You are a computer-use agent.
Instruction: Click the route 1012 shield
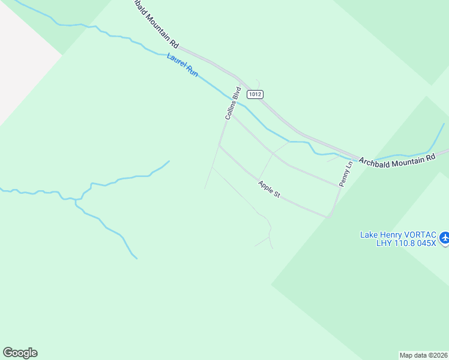256,94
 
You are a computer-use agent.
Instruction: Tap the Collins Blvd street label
232,103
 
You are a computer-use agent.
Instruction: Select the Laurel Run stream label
182,65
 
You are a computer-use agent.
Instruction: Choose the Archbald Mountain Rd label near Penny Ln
397,159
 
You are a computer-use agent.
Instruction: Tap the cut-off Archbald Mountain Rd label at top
155,23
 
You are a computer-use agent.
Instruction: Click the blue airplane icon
444,239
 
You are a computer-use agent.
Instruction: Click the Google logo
20,353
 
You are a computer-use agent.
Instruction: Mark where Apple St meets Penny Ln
328,216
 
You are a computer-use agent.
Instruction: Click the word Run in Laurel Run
191,71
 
